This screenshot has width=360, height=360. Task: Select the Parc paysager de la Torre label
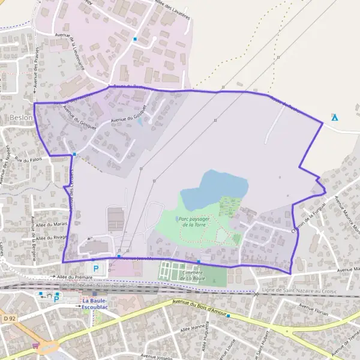[194, 222]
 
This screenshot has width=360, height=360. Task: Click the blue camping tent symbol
[335, 116]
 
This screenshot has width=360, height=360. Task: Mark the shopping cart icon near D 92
[36, 345]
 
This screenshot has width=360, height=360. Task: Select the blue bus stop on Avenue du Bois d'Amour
[229, 316]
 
